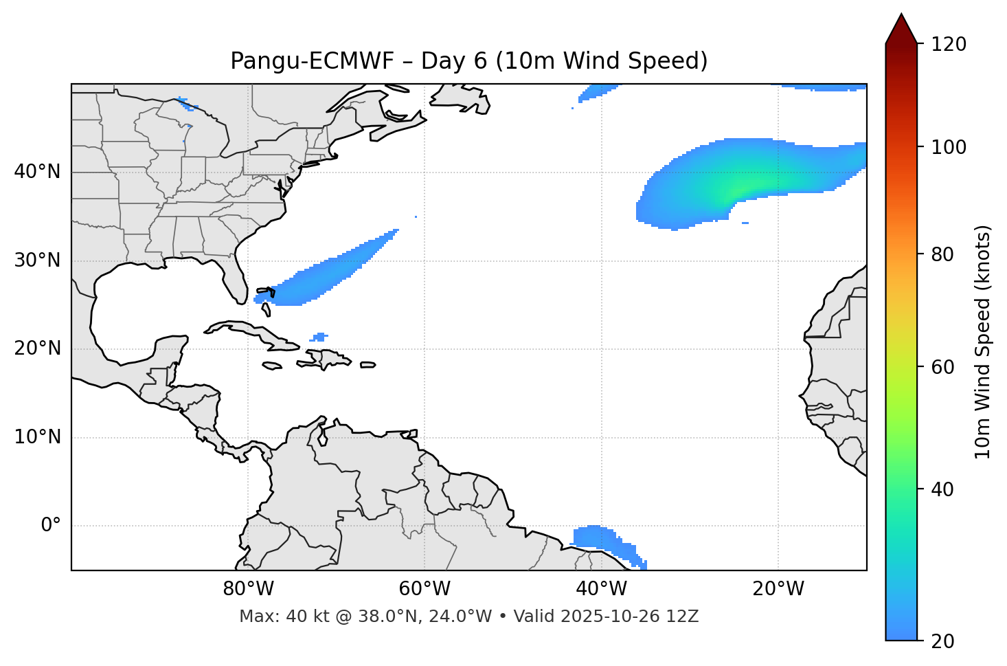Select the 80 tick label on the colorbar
(x=947, y=254)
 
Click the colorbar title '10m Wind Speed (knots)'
(x=983, y=342)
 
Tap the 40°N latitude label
(x=37, y=172)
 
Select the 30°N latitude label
(x=37, y=260)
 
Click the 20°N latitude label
(x=37, y=348)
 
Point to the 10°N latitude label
(x=37, y=437)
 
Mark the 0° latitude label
(x=50, y=526)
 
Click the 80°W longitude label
(x=248, y=589)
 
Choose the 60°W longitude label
(x=425, y=589)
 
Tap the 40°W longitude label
(x=601, y=589)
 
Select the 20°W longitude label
(x=778, y=589)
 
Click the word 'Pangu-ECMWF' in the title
(x=312, y=61)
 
